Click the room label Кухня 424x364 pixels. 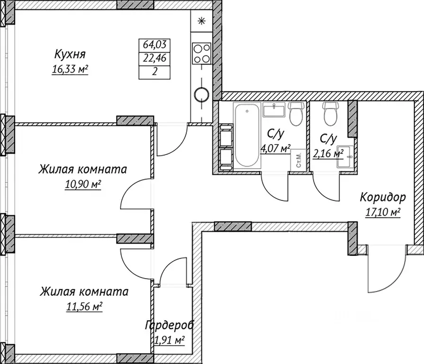coord(70,53)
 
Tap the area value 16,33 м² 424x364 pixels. coord(70,69)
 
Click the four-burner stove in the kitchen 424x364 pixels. coord(202,53)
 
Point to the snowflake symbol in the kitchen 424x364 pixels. coord(201,21)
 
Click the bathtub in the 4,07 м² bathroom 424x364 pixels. coord(247,136)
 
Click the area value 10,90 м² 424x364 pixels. coord(83,184)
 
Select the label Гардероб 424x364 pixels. coord(170,325)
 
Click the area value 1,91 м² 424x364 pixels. coord(169,340)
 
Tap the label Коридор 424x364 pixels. coord(383,196)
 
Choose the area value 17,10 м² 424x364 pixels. coord(383,212)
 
